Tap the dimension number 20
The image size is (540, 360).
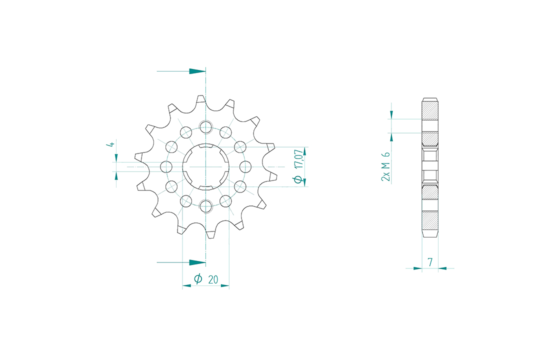pos(212,279)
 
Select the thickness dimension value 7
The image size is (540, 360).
pos(430,261)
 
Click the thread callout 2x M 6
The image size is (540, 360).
pos(385,167)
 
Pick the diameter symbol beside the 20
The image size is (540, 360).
pos(198,279)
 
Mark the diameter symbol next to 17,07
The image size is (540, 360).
pos(298,179)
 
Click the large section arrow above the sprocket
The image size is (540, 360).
pos(197,71)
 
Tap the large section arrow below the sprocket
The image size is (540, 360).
pos(197,262)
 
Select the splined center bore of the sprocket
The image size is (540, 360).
pos(205,166)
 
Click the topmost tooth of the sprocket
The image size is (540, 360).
pos(200,99)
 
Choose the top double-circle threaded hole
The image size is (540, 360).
pos(205,127)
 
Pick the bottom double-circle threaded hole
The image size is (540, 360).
pos(205,205)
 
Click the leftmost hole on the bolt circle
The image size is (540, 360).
pos(166,166)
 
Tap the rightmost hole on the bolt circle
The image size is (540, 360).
pos(245,166)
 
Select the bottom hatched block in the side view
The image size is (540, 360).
pos(430,219)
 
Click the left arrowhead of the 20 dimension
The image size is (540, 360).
pos(186,286)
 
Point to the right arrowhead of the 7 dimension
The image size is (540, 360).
pos(442,268)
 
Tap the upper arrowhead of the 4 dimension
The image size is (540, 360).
pos(116,158)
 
